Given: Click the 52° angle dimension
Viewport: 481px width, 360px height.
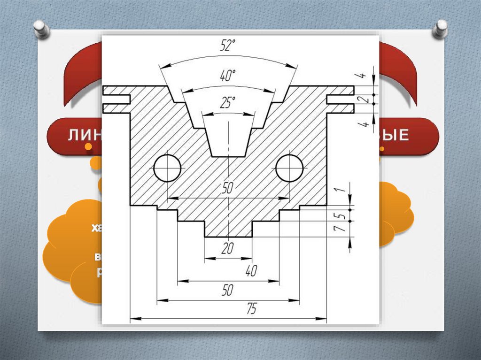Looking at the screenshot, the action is click(227, 46).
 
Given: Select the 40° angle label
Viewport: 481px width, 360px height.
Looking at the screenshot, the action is click(227, 75).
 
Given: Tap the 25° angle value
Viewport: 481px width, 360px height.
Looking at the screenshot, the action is click(227, 103).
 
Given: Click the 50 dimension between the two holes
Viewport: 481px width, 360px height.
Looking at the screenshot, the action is click(227, 189).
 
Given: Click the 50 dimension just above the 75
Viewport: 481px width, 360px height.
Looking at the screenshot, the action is click(227, 291).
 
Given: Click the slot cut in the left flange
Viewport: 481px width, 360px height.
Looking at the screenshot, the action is click(116, 99).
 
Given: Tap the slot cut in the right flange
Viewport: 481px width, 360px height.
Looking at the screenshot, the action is click(339, 99).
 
